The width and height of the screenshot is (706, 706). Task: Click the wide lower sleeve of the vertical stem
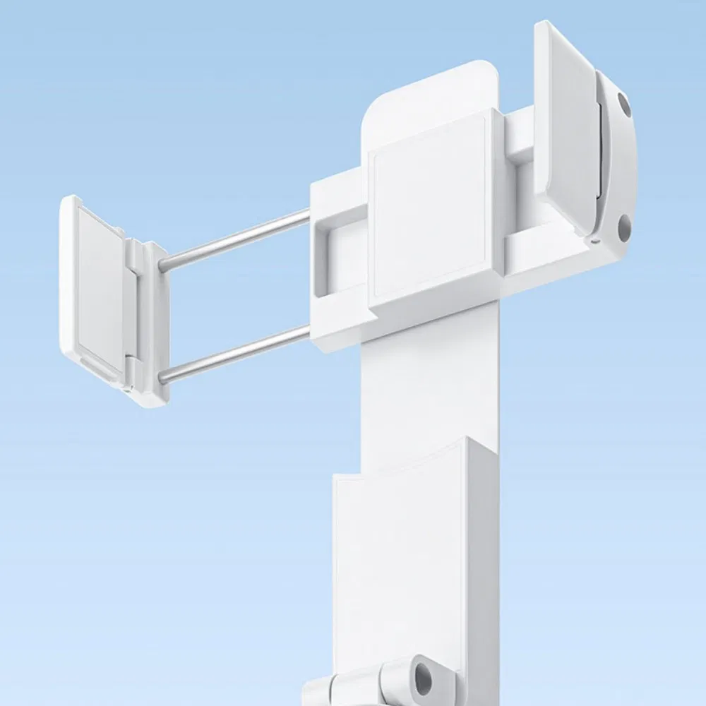tap(402, 565)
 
